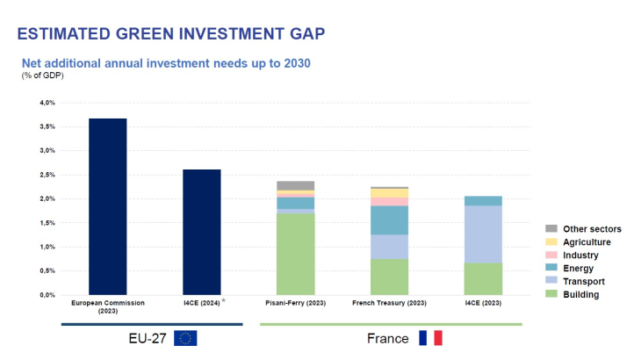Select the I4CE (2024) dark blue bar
point(201,232)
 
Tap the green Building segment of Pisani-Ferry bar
point(295,254)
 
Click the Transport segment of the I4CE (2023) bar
point(483,234)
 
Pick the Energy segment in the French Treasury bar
point(389,220)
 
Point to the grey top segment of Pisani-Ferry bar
point(295,185)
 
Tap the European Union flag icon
point(186,338)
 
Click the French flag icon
point(430,338)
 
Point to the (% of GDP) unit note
point(43,76)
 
